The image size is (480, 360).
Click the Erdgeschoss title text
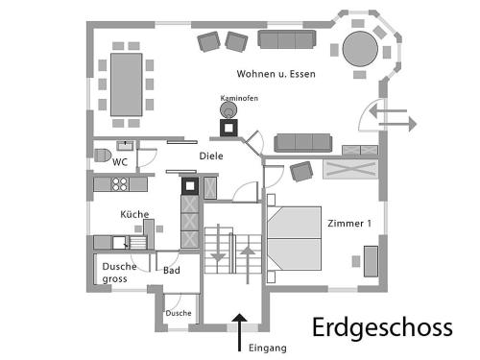(382, 327)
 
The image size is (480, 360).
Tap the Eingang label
(268, 348)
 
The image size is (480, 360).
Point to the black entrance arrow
(239, 332)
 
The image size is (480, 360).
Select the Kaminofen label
(239, 98)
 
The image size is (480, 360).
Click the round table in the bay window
(360, 49)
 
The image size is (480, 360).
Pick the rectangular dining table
(127, 84)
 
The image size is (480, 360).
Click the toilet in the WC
(102, 156)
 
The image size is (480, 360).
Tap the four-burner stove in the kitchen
(120, 184)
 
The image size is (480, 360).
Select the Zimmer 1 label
(349, 224)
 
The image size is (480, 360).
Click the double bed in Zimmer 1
(294, 238)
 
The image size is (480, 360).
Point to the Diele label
(211, 156)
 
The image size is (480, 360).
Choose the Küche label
(134, 214)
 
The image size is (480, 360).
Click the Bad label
(172, 271)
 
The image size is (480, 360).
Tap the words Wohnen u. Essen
(276, 74)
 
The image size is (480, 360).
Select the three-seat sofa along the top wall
(287, 39)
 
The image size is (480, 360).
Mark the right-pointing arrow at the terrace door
(397, 124)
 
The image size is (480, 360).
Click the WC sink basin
(125, 146)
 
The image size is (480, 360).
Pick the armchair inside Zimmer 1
(301, 172)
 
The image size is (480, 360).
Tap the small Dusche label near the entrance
(179, 313)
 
